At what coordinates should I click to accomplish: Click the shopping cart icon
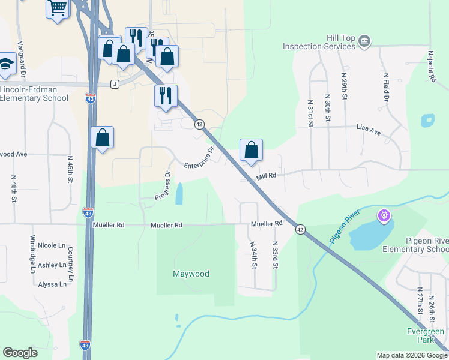pos(58,8)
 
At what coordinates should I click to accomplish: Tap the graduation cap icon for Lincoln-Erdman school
pos(5,64)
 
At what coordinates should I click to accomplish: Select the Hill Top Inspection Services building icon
pos(364,41)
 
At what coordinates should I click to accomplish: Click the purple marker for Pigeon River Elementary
pos(384,214)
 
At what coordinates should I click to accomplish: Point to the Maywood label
pos(191,274)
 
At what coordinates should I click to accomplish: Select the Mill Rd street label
pos(265,176)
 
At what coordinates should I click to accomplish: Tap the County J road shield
pos(114,85)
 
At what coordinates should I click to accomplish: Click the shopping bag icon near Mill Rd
pos(251,151)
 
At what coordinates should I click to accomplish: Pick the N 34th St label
pos(254,255)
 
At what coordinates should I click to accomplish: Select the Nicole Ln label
pos(52,245)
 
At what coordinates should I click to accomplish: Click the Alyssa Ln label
pos(52,284)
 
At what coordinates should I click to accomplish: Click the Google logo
pos(20,353)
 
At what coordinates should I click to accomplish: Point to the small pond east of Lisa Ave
pos(427,120)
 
